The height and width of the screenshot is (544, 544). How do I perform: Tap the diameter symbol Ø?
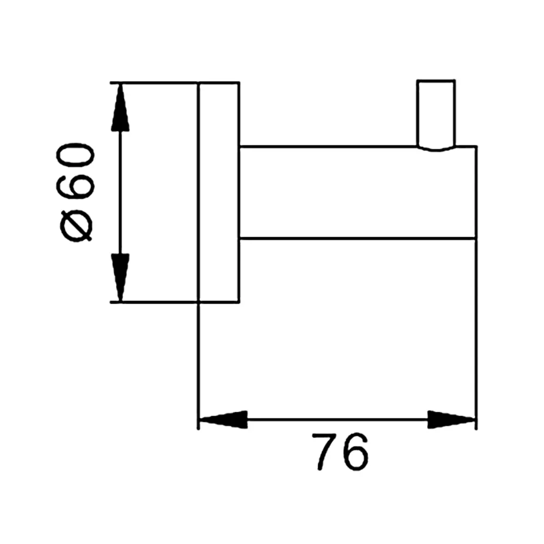coord(76,226)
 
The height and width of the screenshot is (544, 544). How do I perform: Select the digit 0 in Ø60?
coord(76,154)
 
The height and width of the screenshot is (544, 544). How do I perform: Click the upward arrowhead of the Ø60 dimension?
coord(120,108)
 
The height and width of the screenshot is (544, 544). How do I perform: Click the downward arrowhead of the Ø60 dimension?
coord(120,277)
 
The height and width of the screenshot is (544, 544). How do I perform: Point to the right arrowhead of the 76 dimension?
coord(450,420)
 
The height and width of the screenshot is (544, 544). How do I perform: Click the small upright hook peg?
coord(436,115)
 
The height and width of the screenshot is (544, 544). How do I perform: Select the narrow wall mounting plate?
coord(219,193)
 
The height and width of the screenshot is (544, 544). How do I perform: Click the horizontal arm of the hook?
coord(358,193)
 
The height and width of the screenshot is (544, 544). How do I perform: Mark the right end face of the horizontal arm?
coord(476,193)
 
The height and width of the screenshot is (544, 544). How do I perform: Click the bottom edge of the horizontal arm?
coord(357,238)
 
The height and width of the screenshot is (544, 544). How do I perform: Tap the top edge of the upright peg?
coord(436,81)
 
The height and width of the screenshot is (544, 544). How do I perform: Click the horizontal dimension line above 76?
coord(337,420)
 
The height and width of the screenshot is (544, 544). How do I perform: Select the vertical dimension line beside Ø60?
coord(120,193)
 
